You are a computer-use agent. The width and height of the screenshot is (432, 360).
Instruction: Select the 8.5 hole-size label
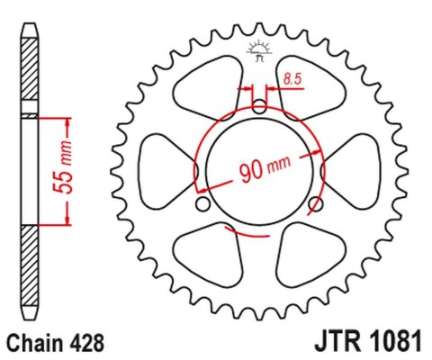(291, 81)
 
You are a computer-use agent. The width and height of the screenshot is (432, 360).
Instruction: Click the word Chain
(34, 342)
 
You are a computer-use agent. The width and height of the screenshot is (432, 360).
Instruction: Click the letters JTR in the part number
(332, 342)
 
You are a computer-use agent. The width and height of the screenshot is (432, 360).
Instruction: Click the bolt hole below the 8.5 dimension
(259, 107)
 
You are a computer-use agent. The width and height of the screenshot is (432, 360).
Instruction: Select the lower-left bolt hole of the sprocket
(205, 206)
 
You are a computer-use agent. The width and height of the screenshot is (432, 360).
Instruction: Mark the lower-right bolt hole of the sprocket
(313, 206)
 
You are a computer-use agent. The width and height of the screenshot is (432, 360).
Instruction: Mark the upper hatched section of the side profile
(31, 76)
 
